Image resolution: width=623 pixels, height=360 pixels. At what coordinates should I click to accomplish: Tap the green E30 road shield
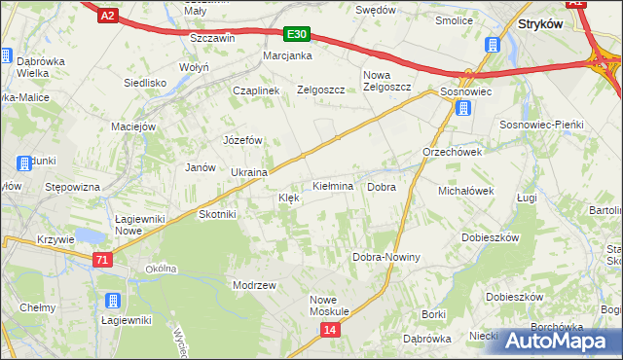298,35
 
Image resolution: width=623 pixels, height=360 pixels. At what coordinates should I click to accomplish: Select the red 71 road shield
102,259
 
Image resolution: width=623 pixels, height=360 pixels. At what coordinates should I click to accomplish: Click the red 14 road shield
331,331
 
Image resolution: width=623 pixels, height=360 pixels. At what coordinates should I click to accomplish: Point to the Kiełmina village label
332,185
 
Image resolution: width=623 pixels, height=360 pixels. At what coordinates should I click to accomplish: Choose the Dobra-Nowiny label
385,258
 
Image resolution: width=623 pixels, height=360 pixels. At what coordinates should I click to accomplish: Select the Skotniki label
217,214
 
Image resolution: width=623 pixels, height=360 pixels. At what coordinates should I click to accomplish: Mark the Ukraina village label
249,172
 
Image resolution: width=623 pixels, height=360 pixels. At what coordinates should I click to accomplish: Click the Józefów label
244,140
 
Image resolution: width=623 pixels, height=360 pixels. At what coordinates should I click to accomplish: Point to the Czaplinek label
256,90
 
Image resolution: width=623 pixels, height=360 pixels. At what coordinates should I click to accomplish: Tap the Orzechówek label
453,153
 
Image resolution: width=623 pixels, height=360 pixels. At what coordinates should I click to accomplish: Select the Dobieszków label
489,237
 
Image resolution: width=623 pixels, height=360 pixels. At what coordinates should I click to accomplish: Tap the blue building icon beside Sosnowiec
463,109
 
